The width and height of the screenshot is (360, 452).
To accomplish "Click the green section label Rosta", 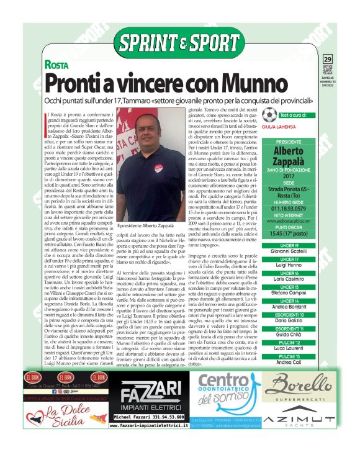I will coord(55,65).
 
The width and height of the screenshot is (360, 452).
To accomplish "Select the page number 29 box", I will coord(328,58).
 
